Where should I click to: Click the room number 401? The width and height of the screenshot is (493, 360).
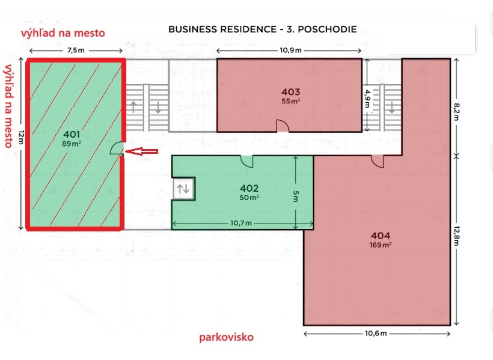pyautogui.click(x=72, y=135)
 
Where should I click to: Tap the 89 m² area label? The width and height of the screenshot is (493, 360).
pyautogui.click(x=72, y=144)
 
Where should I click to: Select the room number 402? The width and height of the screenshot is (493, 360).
pyautogui.click(x=249, y=188)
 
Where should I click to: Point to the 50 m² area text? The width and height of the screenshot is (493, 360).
pyautogui.click(x=249, y=198)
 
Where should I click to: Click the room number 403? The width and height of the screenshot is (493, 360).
pyautogui.click(x=290, y=92)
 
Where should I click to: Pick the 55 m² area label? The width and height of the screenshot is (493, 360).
pyautogui.click(x=290, y=101)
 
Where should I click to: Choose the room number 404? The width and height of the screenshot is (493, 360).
pyautogui.click(x=381, y=236)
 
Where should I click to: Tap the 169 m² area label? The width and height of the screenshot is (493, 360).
pyautogui.click(x=381, y=245)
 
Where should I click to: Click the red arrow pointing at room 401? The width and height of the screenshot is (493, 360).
pyautogui.click(x=141, y=151)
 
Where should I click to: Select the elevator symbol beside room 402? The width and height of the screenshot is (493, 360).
pyautogui.click(x=183, y=189)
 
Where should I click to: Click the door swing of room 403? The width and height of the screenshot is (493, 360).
pyautogui.click(x=283, y=126)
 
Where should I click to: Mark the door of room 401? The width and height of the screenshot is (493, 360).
pyautogui.click(x=117, y=148)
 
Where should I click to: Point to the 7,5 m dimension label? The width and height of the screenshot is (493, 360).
pyautogui.click(x=76, y=50)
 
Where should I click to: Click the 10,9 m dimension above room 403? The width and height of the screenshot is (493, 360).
pyautogui.click(x=290, y=50)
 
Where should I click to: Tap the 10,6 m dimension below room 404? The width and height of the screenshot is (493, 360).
pyautogui.click(x=376, y=334)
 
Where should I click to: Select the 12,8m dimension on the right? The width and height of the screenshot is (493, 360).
pyautogui.click(x=456, y=236)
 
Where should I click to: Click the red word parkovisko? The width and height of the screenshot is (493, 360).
pyautogui.click(x=227, y=337)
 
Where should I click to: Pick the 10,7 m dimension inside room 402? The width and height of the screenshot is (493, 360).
pyautogui.click(x=241, y=223)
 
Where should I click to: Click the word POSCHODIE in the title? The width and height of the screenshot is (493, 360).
pyautogui.click(x=327, y=29)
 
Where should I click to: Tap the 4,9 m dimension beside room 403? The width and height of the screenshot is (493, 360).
pyautogui.click(x=367, y=99)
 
